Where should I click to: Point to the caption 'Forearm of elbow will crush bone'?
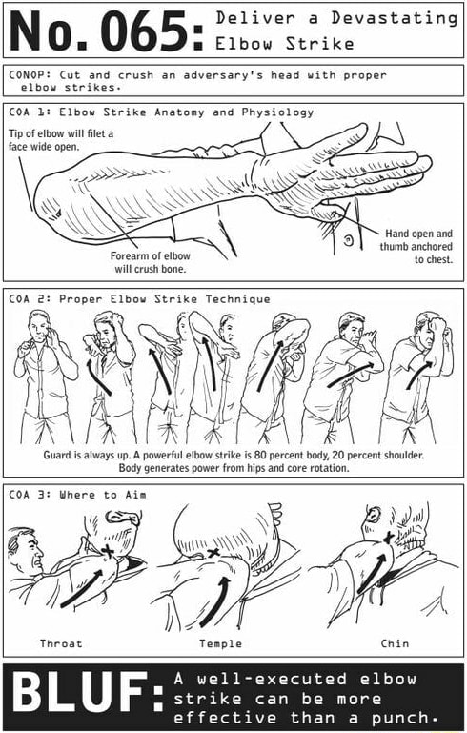click(150, 262)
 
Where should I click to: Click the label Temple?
click(220, 643)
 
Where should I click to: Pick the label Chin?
click(395, 643)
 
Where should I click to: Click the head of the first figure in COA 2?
click(38, 322)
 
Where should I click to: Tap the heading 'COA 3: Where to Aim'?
click(76, 494)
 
